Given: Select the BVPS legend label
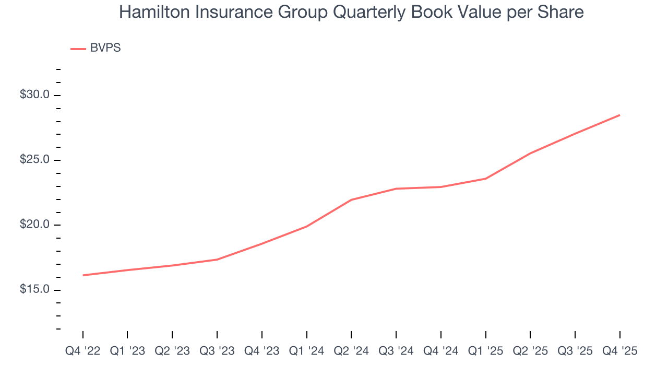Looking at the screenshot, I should tap(105, 48).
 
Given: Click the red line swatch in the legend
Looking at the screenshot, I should tap(78, 49).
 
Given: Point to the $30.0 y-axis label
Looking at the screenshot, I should tap(34, 95).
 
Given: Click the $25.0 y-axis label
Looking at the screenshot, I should tap(34, 160).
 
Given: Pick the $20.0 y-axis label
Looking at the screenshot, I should tap(34, 225).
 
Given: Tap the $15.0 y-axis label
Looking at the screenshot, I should tap(34, 289).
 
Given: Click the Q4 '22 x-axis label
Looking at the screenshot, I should tap(82, 351).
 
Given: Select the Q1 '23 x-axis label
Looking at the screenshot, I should tap(127, 351).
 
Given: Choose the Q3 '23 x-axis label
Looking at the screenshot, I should tap(217, 351).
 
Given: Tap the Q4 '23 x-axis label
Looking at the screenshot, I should tap(262, 351).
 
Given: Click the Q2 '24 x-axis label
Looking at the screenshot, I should tap(351, 351).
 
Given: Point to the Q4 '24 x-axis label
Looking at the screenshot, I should tap(441, 351).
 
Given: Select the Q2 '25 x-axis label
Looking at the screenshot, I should tap(530, 351).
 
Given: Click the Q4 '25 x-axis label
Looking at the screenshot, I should tap(620, 351).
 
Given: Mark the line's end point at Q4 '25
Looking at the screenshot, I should tap(620, 115).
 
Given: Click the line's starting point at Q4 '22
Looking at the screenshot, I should tap(83, 275).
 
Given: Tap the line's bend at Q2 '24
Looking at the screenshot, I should tap(351, 200).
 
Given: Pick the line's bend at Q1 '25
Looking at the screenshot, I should tap(486, 179).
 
